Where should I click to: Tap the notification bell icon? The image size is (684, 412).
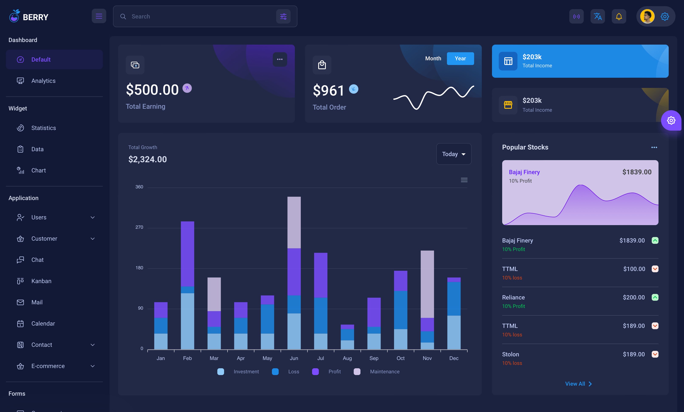pyautogui.click(x=619, y=17)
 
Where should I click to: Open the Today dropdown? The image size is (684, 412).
pyautogui.click(x=453, y=154)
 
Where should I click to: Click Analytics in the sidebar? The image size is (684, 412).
pyautogui.click(x=43, y=81)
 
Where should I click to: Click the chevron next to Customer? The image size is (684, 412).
pyautogui.click(x=93, y=239)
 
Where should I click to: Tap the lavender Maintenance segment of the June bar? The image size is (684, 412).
pyautogui.click(x=294, y=222)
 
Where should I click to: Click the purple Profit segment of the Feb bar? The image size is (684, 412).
pyautogui.click(x=187, y=254)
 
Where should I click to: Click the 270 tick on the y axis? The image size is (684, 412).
pyautogui.click(x=139, y=227)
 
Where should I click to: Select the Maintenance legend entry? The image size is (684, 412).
pyautogui.click(x=384, y=371)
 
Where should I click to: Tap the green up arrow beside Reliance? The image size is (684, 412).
pyautogui.click(x=655, y=297)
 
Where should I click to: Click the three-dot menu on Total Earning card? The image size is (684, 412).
pyautogui.click(x=280, y=59)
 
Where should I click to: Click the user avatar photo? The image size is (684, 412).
pyautogui.click(x=647, y=17)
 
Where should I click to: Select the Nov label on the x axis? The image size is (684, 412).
pyautogui.click(x=427, y=358)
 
